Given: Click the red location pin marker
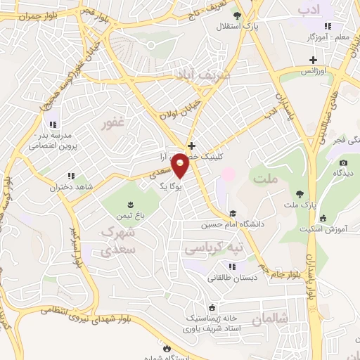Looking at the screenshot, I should (180, 165).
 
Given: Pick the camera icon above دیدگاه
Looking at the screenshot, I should (343, 162).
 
